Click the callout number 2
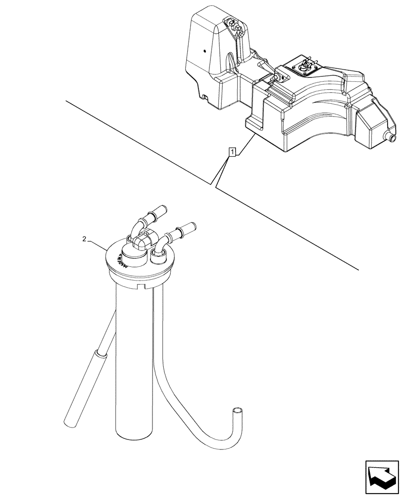85,239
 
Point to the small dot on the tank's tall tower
204,51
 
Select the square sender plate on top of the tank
303,65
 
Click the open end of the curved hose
239,411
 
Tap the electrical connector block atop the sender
141,242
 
